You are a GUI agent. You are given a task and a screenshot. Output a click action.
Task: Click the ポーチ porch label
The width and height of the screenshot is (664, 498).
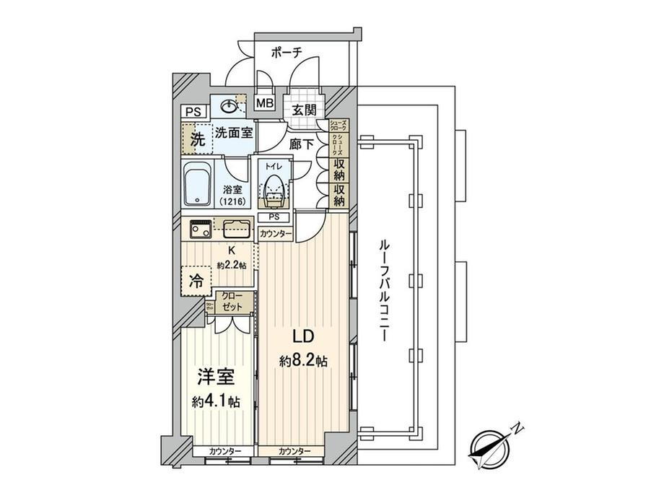click(x=287, y=52)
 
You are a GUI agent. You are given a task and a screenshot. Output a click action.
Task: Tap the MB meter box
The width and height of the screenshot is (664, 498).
click(x=265, y=102)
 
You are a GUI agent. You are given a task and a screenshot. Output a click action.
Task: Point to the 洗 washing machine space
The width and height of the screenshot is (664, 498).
click(x=197, y=139)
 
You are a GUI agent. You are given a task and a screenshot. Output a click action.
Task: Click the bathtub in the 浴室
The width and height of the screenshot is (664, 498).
click(x=196, y=185)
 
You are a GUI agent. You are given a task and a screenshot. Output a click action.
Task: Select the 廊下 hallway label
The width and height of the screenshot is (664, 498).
click(x=301, y=144)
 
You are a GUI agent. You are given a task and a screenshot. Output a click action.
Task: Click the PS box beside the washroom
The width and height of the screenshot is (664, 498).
click(x=193, y=112)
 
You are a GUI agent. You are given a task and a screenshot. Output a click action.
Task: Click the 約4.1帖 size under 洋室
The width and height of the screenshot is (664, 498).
click(x=216, y=401)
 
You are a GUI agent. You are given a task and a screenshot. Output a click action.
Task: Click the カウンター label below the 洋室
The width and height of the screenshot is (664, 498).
click(x=225, y=451)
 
